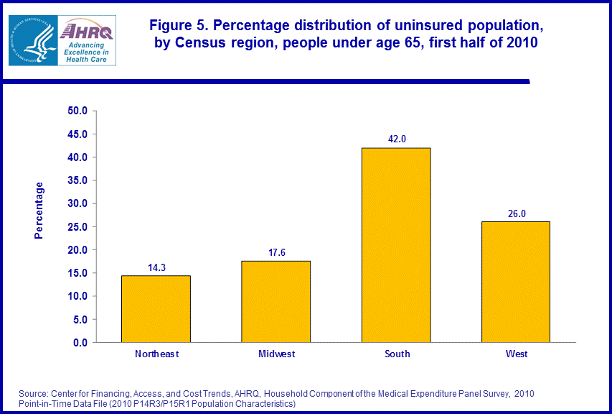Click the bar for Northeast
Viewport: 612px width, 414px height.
[156, 309]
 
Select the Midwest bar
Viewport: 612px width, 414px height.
[276, 302]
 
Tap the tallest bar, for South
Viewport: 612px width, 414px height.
[396, 245]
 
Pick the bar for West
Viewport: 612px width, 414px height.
[516, 282]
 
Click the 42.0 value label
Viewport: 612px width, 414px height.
[397, 139]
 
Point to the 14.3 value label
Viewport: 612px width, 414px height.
[156, 267]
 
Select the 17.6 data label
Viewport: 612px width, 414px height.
[276, 252]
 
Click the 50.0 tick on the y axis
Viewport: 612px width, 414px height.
[77, 111]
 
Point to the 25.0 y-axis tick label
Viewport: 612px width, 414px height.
[77, 227]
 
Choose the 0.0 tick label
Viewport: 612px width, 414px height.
[80, 343]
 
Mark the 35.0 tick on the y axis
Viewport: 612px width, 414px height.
[77, 180]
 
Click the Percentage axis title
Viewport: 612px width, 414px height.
[39, 211]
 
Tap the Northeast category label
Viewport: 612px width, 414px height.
[156, 354]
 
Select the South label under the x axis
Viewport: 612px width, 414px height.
[397, 354]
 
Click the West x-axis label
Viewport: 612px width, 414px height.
[517, 354]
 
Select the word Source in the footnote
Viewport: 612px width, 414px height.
[34, 394]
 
